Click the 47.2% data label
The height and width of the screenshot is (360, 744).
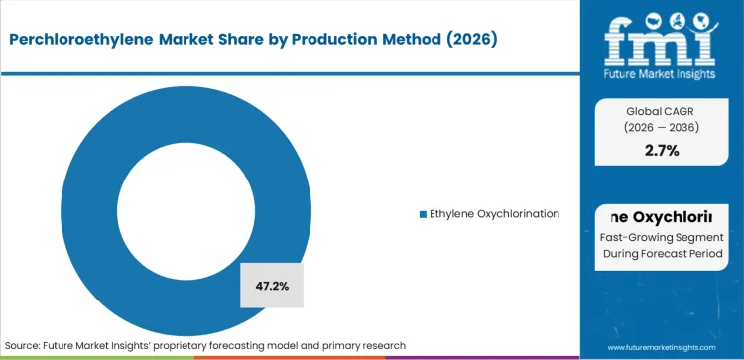271,286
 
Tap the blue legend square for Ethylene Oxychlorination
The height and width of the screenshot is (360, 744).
422,214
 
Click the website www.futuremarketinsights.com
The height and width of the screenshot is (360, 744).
662,345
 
